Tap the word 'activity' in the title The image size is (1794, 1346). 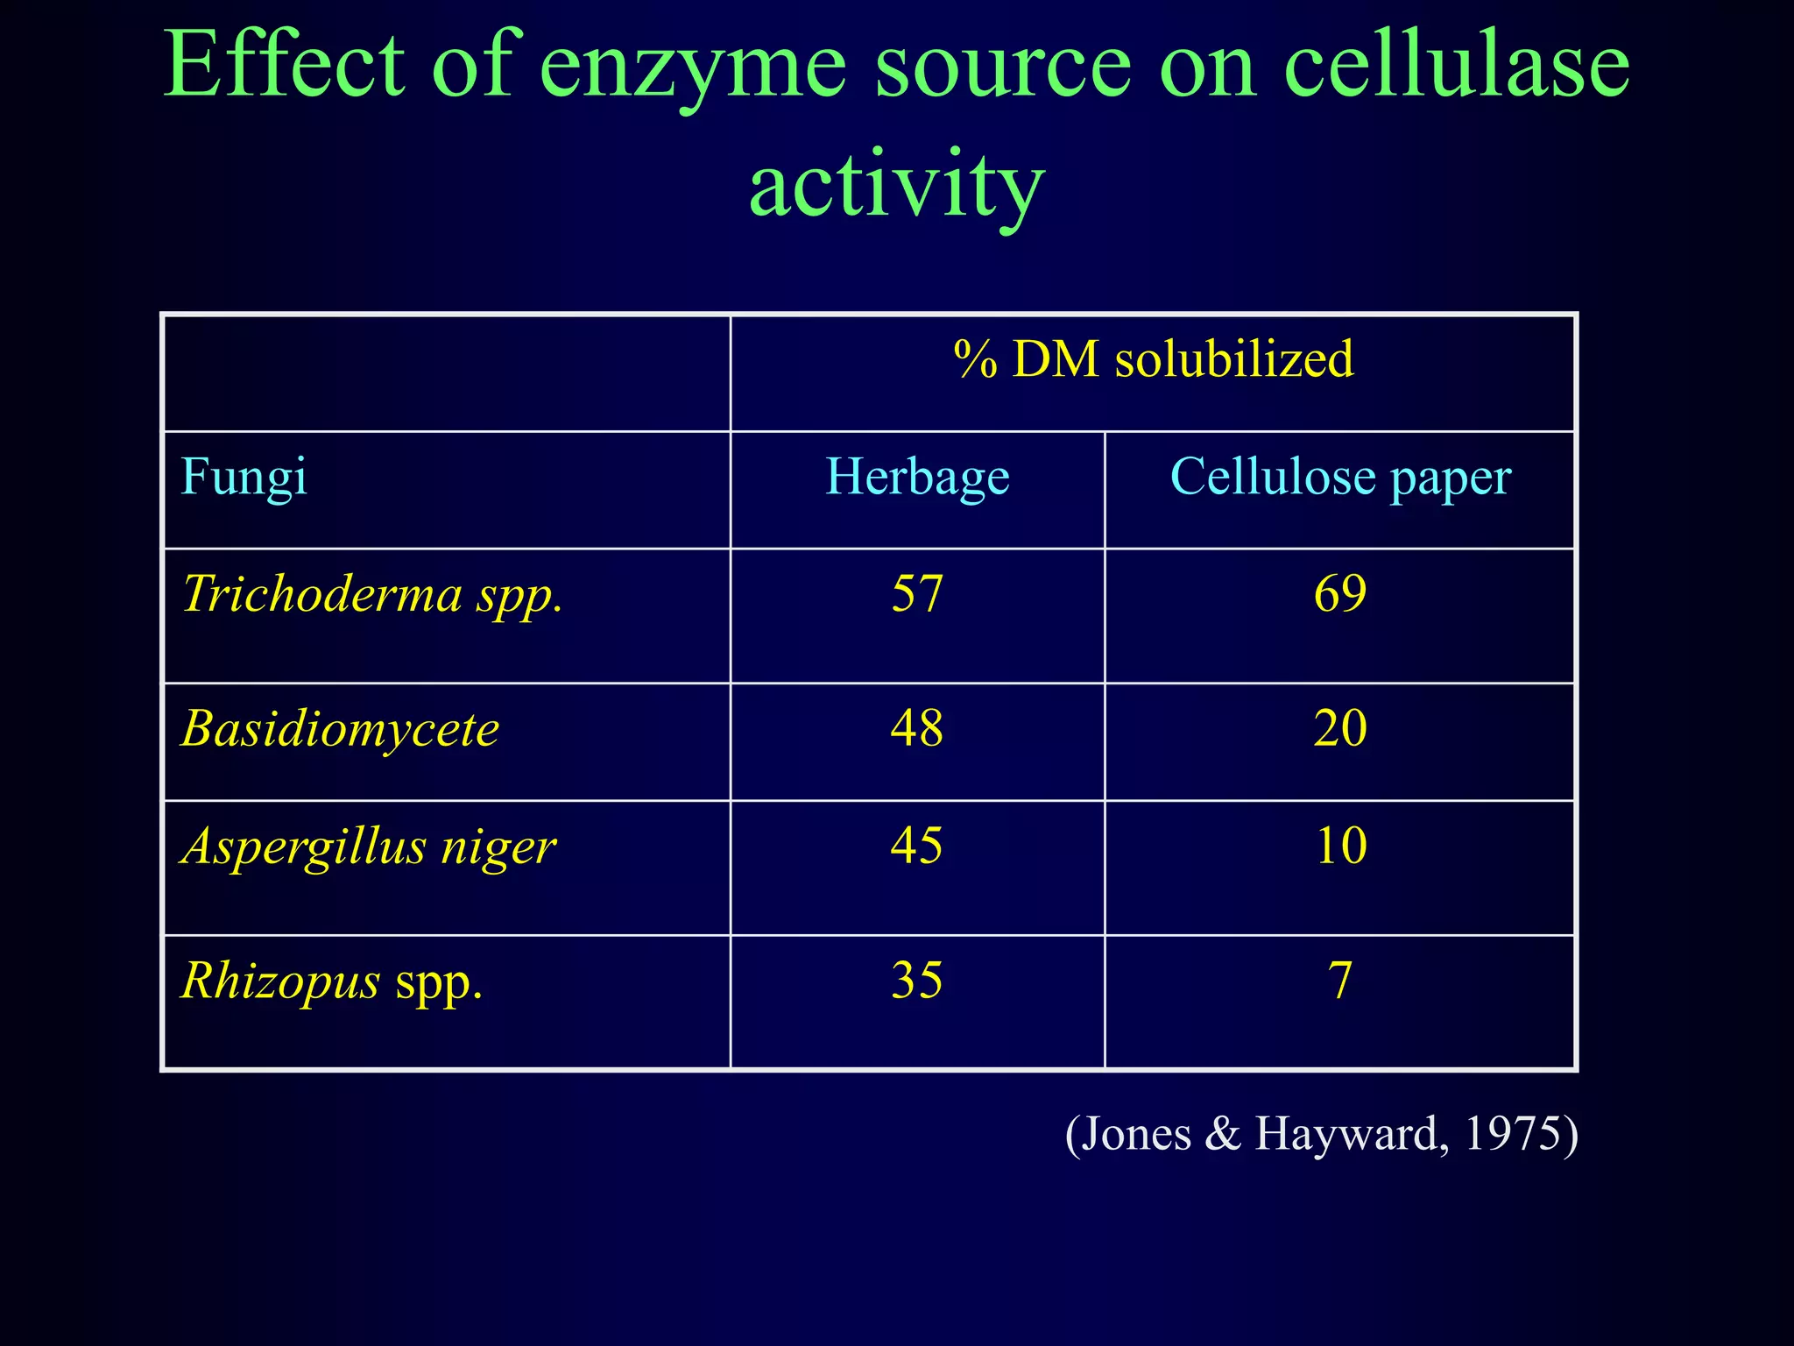tap(896, 184)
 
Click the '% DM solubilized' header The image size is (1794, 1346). tap(1154, 359)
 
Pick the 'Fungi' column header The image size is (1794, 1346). tap(244, 477)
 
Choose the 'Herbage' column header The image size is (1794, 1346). tap(917, 477)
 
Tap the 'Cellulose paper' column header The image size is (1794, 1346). tap(1340, 477)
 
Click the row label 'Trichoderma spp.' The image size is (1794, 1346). tap(372, 594)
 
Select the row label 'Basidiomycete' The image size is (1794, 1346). tap(340, 728)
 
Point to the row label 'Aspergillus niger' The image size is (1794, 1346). tap(369, 847)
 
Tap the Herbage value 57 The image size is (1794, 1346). tap(917, 593)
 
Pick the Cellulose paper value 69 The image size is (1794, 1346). tap(1340, 593)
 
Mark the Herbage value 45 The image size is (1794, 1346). tap(917, 846)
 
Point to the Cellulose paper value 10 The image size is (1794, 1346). tap(1340, 846)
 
